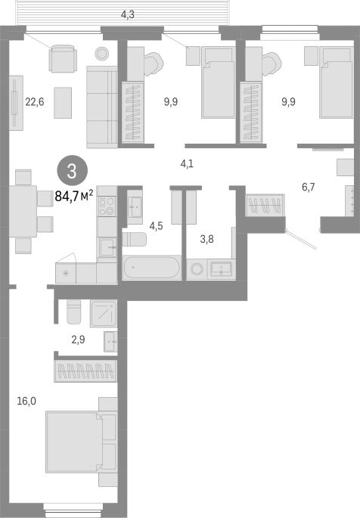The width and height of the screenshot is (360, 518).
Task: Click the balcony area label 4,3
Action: coord(128,14)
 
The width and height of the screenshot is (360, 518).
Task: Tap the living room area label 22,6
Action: coord(35,102)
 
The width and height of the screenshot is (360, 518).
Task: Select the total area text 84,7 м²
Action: coord(73,196)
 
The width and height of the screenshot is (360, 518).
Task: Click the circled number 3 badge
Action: coord(73,170)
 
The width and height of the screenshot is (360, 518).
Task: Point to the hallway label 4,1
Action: coord(187,163)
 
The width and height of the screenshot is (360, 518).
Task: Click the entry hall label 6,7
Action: coord(308,187)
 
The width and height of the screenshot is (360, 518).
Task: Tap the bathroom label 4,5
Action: coord(156,226)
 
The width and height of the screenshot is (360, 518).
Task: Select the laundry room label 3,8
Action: coord(206,239)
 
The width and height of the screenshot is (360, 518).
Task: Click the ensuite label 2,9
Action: coord(78,340)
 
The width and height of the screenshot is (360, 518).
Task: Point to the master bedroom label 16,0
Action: coord(26,401)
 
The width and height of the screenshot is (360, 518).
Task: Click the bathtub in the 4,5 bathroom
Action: coord(151,267)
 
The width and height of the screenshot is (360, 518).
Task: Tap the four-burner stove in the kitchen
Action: coord(107,206)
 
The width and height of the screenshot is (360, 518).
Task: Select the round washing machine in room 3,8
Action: coord(197,268)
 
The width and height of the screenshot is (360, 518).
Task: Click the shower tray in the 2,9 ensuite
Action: coord(104,314)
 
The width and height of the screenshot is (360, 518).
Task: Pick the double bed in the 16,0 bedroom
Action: coord(74,442)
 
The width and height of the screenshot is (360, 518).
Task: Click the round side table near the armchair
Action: coord(102,54)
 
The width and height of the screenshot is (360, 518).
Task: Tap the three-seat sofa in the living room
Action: coord(102,107)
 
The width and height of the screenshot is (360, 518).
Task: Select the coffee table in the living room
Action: coord(63,103)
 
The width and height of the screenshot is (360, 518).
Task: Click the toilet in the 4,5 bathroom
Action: coord(135,239)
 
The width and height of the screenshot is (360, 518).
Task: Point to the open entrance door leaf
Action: coord(301,239)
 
